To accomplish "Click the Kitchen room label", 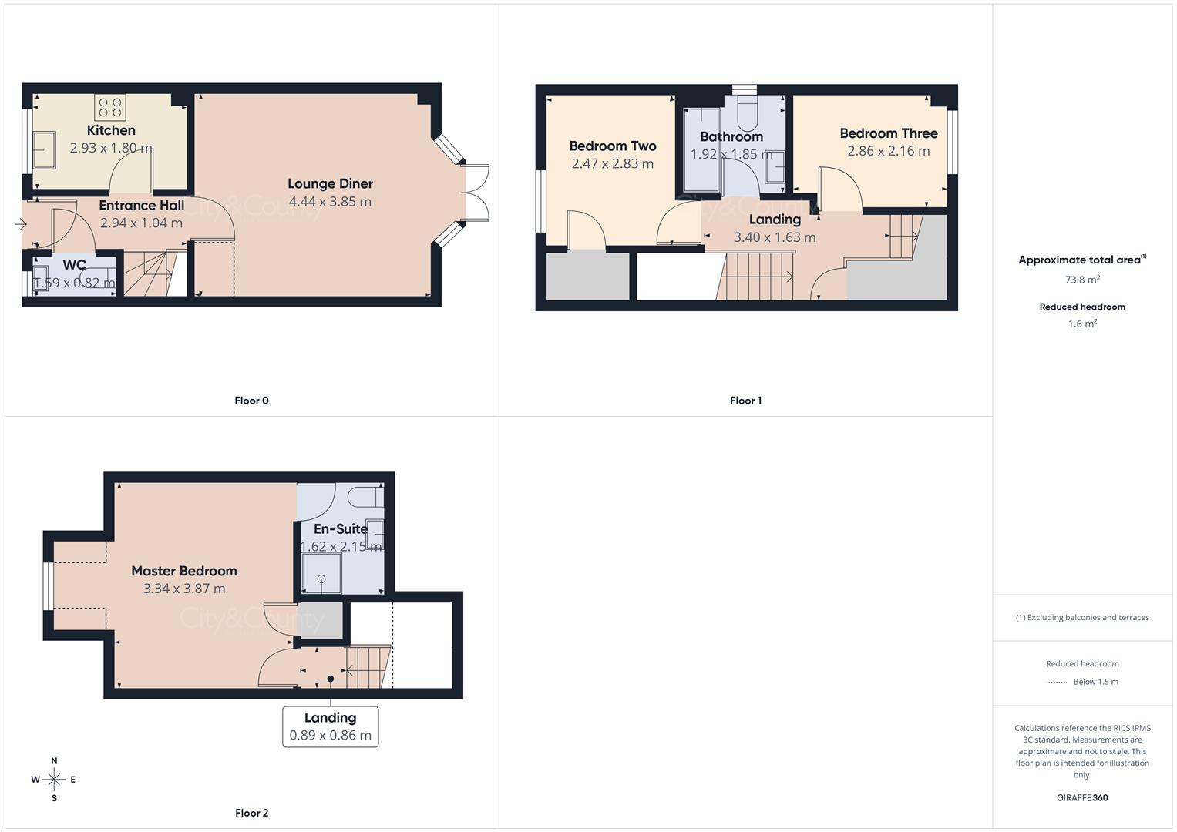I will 111,130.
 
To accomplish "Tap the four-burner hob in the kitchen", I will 110,107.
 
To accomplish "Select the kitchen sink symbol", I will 43,149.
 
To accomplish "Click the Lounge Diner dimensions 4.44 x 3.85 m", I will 330,202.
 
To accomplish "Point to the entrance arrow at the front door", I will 20,224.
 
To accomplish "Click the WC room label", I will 74,265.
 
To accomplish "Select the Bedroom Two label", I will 612,146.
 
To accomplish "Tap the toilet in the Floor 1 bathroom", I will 747,113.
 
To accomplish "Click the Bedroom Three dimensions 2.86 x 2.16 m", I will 888,151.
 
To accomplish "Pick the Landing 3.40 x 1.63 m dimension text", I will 774,237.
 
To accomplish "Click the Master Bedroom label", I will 183,571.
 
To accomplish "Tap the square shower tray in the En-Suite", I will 321,574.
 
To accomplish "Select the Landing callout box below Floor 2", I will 330,726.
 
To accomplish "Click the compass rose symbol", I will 54,780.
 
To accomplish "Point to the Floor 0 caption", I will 251,401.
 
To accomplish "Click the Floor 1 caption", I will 745,401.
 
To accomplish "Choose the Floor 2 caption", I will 251,813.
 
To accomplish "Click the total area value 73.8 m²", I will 1082,280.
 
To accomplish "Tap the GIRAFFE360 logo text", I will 1082,797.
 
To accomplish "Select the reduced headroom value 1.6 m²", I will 1082,324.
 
